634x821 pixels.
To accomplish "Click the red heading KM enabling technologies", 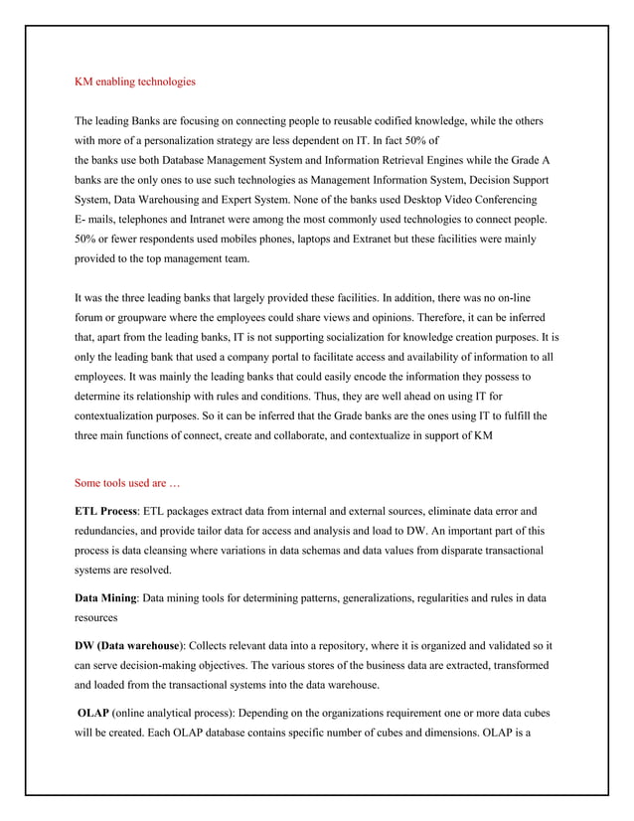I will coord(135,81).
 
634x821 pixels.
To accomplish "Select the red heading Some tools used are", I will coord(127,484).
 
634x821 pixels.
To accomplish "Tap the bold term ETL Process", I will coord(106,511).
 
